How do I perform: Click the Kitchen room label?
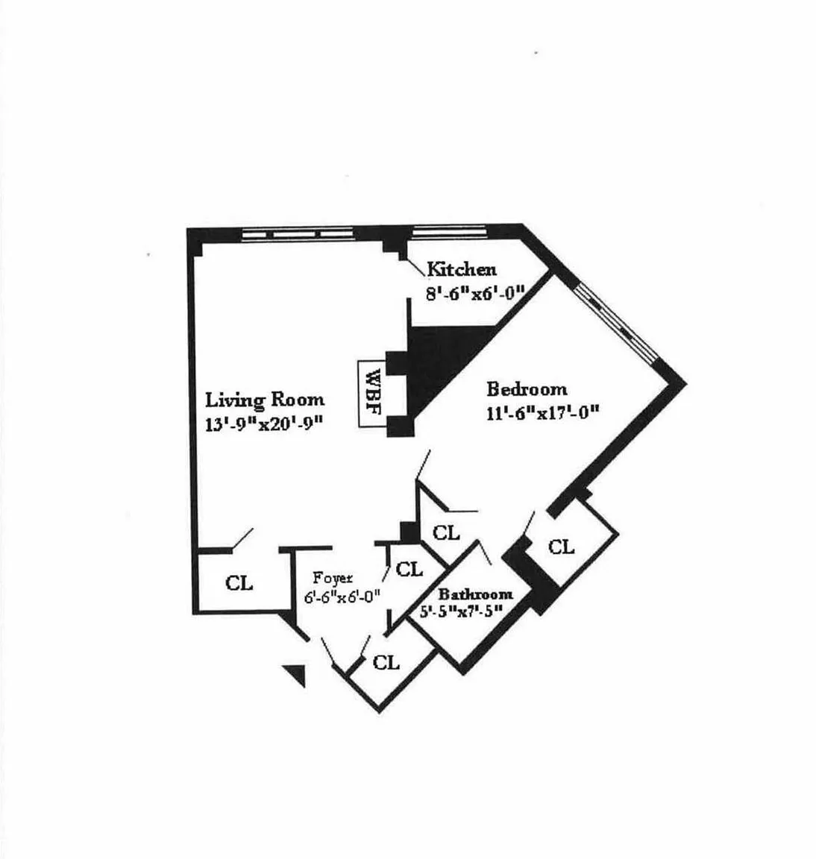pyautogui.click(x=461, y=269)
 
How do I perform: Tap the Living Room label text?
pyautogui.click(x=265, y=400)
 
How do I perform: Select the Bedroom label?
pyautogui.click(x=527, y=389)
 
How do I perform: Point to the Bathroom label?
pyautogui.click(x=475, y=594)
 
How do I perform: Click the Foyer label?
pyautogui.click(x=333, y=578)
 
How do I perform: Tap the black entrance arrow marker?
pyautogui.click(x=298, y=674)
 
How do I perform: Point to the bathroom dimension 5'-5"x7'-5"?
pyautogui.click(x=459, y=610)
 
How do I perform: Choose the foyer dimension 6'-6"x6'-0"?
pyautogui.click(x=342, y=596)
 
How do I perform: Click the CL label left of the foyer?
pyautogui.click(x=239, y=583)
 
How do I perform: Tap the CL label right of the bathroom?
pyautogui.click(x=561, y=547)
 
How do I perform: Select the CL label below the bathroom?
pyautogui.click(x=386, y=662)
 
